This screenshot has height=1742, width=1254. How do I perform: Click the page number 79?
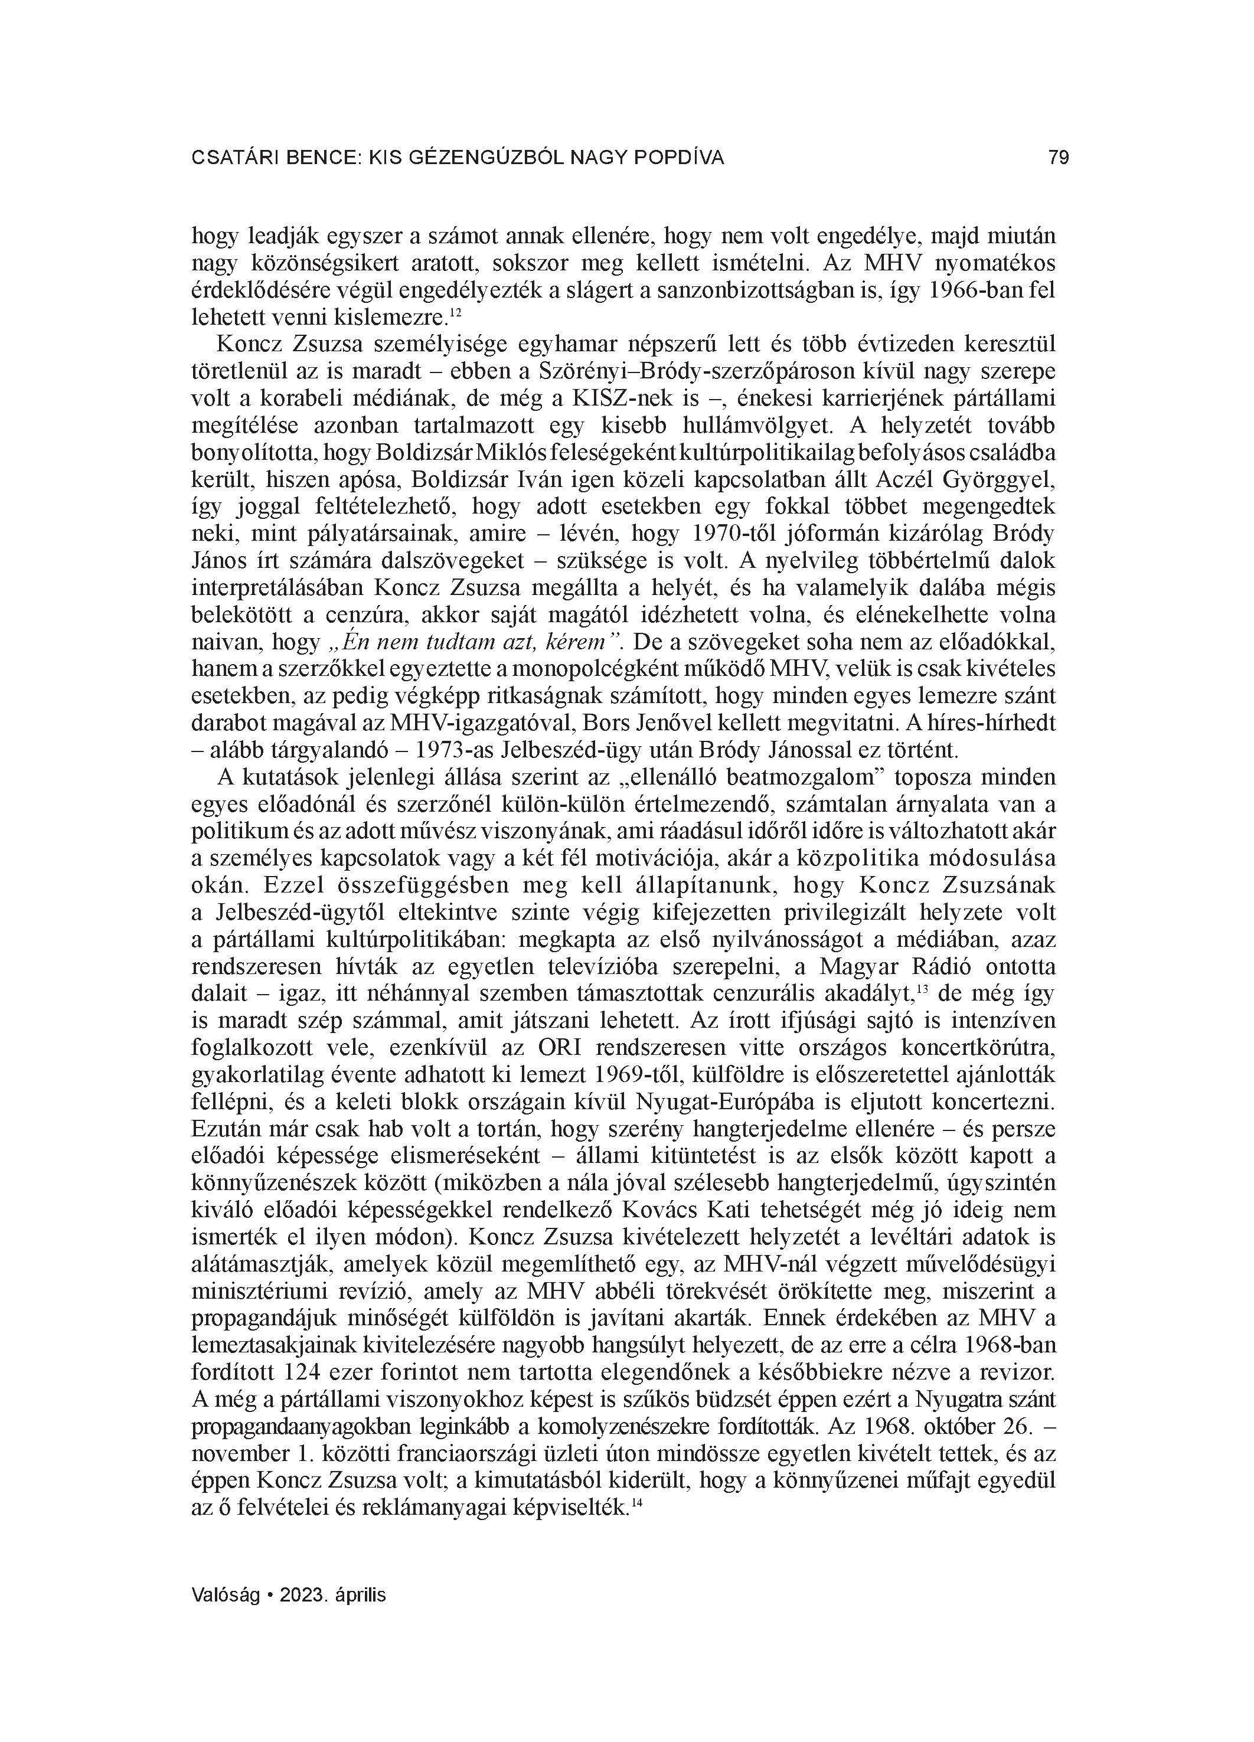tap(1058, 158)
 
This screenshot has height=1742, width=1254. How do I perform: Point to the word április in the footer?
tap(359, 1594)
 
